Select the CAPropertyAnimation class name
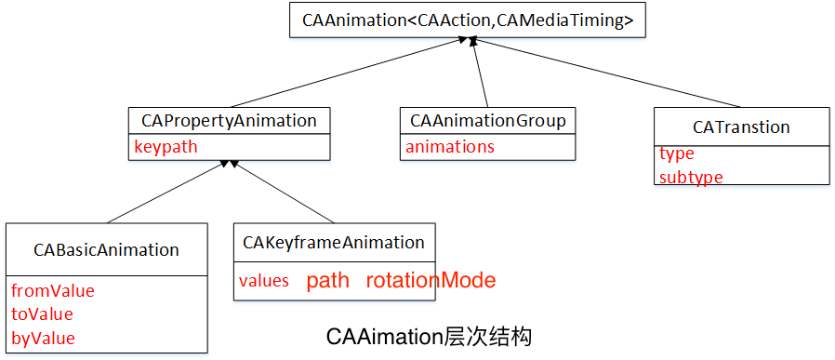tap(229, 121)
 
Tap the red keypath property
tap(166, 147)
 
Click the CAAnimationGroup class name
tap(487, 121)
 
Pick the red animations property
tap(450, 147)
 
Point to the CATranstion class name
tap(741, 127)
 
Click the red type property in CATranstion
tap(677, 154)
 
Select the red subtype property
tap(691, 177)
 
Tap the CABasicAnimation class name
tap(106, 249)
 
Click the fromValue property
tap(53, 290)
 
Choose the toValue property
tap(42, 314)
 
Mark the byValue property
tap(43, 338)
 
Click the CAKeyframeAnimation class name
tap(333, 243)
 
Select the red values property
tap(264, 281)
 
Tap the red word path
tap(328, 281)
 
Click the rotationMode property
tap(431, 281)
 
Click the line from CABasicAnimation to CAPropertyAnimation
tap(164, 193)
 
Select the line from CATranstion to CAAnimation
tap(608, 72)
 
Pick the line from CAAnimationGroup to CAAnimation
tap(481, 74)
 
